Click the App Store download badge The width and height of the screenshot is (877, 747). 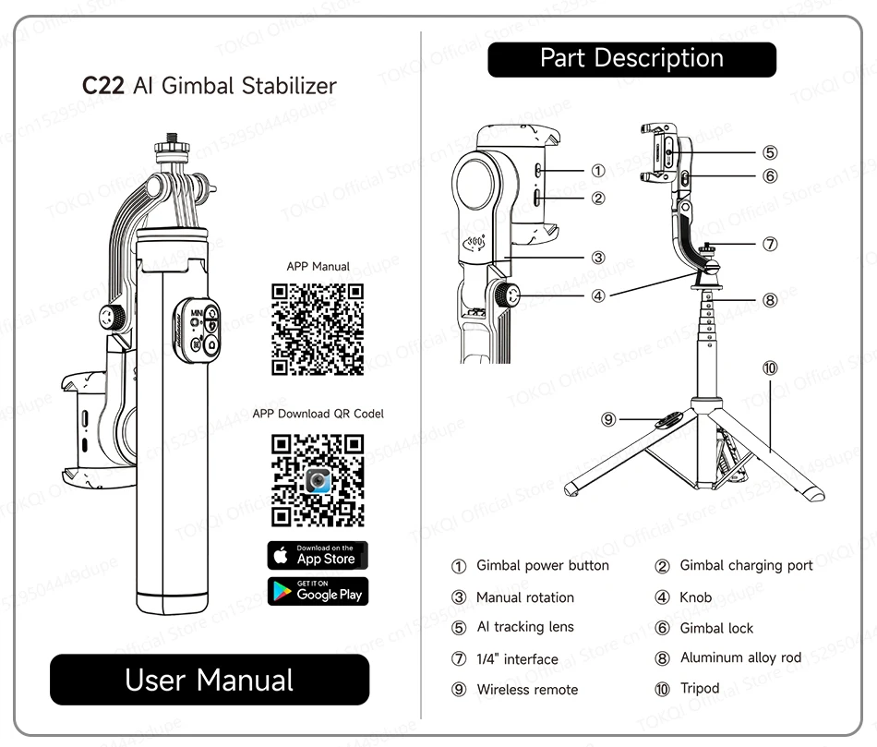click(318, 555)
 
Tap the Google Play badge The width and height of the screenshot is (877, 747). click(318, 591)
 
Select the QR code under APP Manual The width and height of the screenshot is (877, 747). click(317, 330)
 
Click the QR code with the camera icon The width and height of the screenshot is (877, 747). click(317, 480)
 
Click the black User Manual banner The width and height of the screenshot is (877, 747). click(210, 681)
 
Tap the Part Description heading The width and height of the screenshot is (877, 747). click(631, 59)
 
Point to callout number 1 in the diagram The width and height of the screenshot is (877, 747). click(598, 171)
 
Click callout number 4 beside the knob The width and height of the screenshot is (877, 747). click(598, 296)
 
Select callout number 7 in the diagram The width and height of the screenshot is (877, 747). click(770, 244)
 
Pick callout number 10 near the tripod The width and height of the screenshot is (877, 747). click(770, 368)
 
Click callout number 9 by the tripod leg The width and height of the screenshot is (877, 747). click(608, 419)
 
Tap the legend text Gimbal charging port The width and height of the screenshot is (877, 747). click(746, 565)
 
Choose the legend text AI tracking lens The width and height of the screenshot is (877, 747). click(524, 627)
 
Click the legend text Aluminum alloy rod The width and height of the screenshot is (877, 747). click(740, 658)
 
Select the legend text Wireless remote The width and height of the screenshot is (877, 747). click(527, 690)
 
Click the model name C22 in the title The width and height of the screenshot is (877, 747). click(102, 87)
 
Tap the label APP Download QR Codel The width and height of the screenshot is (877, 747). click(318, 414)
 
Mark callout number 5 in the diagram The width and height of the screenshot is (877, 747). click(770, 152)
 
